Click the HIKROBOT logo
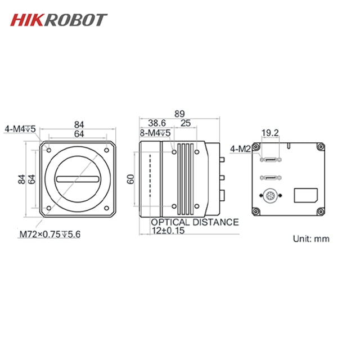coord(58,20)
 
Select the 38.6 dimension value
coord(157,123)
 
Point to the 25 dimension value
coord(185,123)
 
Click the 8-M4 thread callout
coord(155,133)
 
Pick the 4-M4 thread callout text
coord(21,128)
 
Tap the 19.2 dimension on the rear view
coord(270,133)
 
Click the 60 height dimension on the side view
coord(130,179)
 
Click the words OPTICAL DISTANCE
coord(195,222)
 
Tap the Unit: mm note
coord(310,238)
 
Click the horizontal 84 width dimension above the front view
coord(79,124)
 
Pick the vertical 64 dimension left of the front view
coord(32,179)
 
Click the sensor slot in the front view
coord(79,179)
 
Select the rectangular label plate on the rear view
coord(305,195)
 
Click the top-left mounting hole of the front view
coord(49,150)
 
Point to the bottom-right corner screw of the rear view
coord(319,212)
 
